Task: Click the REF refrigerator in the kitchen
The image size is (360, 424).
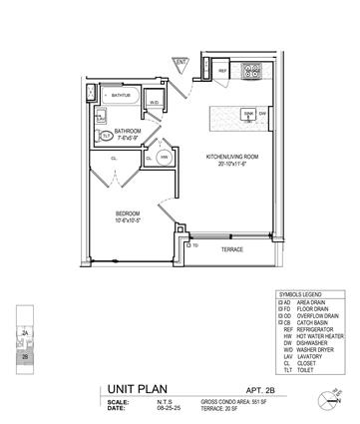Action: (224, 74)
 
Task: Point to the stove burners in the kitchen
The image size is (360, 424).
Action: (253, 72)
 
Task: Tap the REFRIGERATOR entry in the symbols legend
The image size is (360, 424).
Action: (315, 330)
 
